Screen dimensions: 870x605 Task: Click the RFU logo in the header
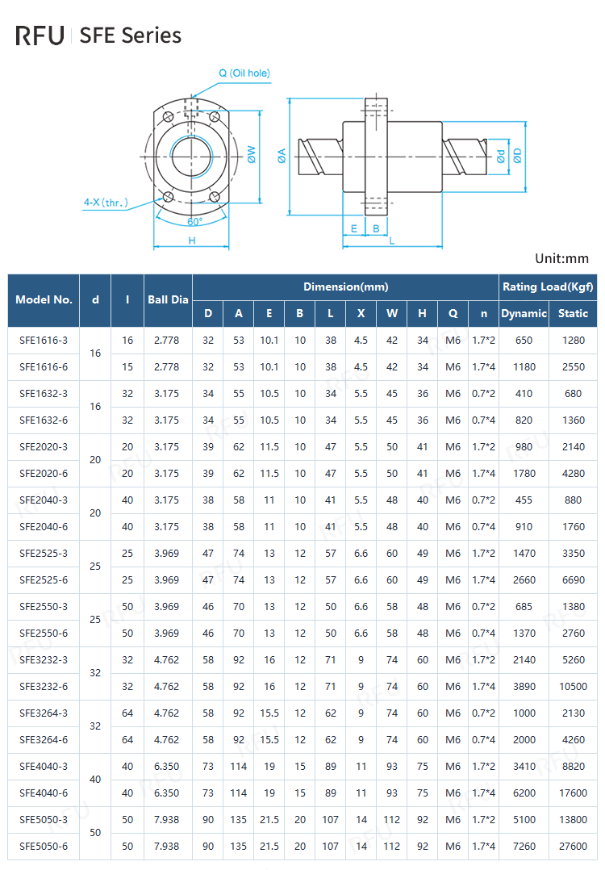pos(40,36)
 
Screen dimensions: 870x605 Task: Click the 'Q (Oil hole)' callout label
pos(244,73)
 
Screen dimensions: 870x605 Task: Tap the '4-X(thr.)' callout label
pos(106,203)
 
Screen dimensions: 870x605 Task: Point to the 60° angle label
pos(194,221)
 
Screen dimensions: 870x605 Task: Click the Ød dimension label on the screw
pos(501,157)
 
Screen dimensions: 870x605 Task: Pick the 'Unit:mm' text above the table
pos(561,259)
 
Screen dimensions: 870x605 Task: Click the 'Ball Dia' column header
pos(168,299)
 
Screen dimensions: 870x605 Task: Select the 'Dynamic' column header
pos(524,313)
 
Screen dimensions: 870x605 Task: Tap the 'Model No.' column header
pos(44,299)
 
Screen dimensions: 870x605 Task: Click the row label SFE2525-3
pos(44,554)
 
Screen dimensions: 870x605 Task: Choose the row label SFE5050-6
pos(44,847)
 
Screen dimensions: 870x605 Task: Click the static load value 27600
pos(573,847)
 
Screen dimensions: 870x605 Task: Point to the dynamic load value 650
pos(524,341)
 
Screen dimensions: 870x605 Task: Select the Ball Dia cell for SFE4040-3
pos(167,767)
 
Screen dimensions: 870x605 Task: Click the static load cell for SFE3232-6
pos(573,687)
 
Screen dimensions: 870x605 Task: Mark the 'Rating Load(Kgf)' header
pos(548,287)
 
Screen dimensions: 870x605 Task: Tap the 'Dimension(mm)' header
pos(345,287)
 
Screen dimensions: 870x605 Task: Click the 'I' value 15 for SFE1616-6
pos(127,367)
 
